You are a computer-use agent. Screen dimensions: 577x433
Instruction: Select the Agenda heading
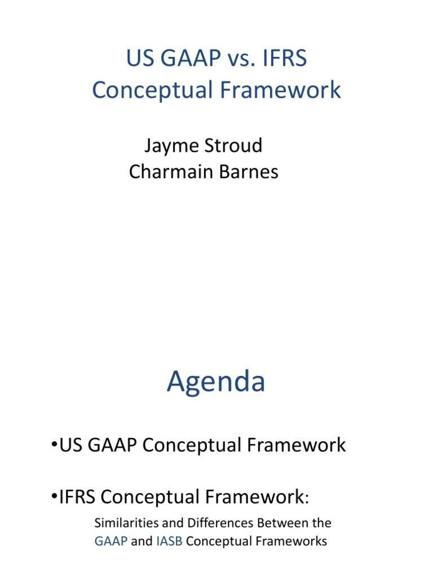pyautogui.click(x=216, y=382)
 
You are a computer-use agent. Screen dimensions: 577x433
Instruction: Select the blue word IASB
pyautogui.click(x=169, y=542)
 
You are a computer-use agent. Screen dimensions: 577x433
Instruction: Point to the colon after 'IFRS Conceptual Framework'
pyautogui.click(x=307, y=498)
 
